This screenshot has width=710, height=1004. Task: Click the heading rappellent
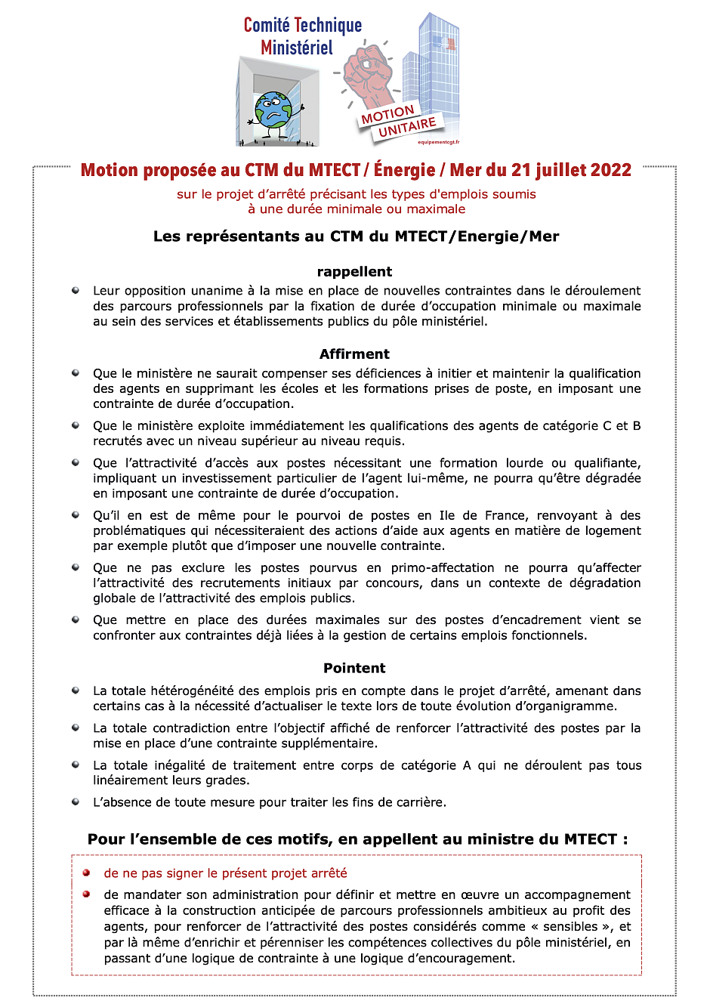(354, 272)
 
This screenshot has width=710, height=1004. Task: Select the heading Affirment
(354, 354)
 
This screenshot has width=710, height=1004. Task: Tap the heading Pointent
(354, 669)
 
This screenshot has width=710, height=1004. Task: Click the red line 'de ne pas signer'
(225, 873)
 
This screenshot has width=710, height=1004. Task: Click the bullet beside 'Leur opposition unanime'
(76, 290)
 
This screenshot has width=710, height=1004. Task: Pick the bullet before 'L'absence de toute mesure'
(76, 802)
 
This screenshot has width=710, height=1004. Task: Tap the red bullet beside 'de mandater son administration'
(87, 894)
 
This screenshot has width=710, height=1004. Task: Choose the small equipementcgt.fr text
(438, 142)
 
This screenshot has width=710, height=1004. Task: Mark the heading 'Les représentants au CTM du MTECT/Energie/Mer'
(356, 236)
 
